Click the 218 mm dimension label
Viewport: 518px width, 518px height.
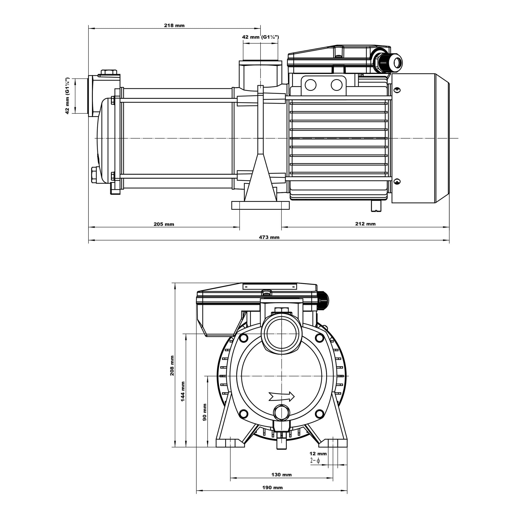click(x=174, y=26)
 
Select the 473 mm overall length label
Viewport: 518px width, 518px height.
click(x=269, y=237)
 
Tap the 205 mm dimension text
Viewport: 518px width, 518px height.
click(x=164, y=224)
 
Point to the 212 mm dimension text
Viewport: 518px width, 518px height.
click(x=365, y=224)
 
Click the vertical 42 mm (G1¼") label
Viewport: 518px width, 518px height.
click(x=67, y=96)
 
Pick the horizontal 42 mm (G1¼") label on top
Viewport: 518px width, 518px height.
click(x=260, y=37)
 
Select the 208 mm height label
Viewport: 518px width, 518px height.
click(x=172, y=365)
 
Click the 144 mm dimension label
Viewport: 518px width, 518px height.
click(x=183, y=392)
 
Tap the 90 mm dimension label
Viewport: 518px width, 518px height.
click(x=205, y=412)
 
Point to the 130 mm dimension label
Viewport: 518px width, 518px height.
click(x=281, y=475)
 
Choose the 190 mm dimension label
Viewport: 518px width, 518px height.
click(x=272, y=488)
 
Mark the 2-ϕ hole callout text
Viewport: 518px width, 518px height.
click(x=315, y=461)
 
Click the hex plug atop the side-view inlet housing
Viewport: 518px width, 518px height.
click(x=109, y=72)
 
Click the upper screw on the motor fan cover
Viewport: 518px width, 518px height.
click(x=397, y=90)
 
